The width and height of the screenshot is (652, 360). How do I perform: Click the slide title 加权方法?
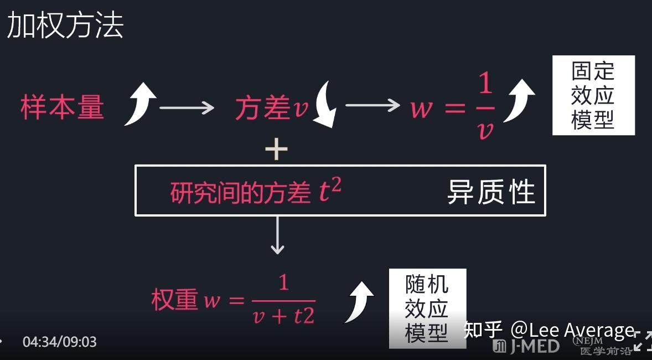[65, 25]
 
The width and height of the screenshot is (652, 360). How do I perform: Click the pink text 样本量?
[62, 106]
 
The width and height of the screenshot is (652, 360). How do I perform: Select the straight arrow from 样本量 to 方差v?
[187, 107]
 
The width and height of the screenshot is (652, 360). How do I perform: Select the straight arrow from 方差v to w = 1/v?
[372, 105]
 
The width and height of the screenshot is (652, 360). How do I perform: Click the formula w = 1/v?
[452, 107]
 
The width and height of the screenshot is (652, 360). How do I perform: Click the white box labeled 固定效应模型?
[593, 95]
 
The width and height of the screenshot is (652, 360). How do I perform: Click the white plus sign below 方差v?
[276, 150]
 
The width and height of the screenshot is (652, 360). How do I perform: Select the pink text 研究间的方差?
[240, 193]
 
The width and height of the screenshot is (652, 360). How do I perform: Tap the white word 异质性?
[491, 193]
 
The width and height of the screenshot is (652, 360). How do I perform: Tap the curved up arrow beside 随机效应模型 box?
[360, 302]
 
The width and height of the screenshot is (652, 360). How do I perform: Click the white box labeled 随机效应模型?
[427, 308]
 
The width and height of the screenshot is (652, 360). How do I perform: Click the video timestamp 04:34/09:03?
[59, 342]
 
